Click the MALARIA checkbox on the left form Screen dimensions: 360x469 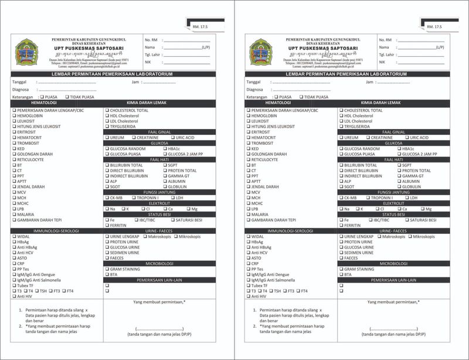(x=13, y=214)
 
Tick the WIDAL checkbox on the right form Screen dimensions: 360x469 (x=247, y=236)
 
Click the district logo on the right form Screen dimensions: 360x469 (x=262, y=53)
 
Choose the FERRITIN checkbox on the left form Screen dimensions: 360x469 (x=107, y=225)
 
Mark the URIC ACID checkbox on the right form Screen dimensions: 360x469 (x=407, y=138)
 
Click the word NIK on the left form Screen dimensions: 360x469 (x=148, y=62)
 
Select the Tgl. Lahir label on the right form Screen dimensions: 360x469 (x=386, y=55)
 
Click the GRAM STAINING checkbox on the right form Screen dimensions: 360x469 (x=341, y=269)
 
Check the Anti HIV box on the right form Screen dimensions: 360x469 (x=247, y=296)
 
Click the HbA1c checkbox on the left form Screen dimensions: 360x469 (x=164, y=149)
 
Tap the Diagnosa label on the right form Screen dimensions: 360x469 (x=254, y=90)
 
